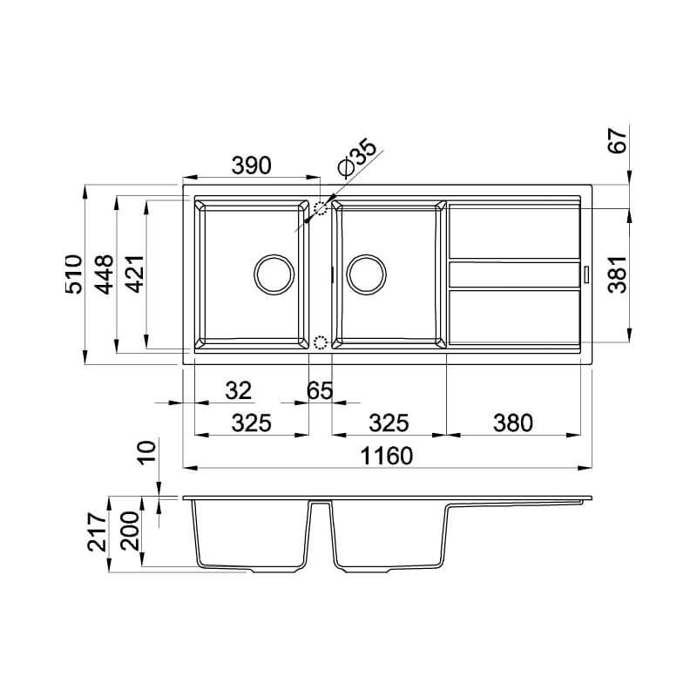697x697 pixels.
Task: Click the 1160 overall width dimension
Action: tap(386, 456)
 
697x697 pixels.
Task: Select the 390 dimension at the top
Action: tap(251, 166)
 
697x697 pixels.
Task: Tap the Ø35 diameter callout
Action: tap(357, 158)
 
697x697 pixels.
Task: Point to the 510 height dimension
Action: tap(74, 274)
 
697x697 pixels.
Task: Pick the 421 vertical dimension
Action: tap(135, 274)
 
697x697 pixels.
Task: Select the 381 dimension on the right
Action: tap(618, 274)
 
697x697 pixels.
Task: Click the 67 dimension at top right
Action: tap(618, 140)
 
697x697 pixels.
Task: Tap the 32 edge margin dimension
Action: tap(238, 390)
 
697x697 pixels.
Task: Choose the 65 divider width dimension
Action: tap(320, 390)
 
